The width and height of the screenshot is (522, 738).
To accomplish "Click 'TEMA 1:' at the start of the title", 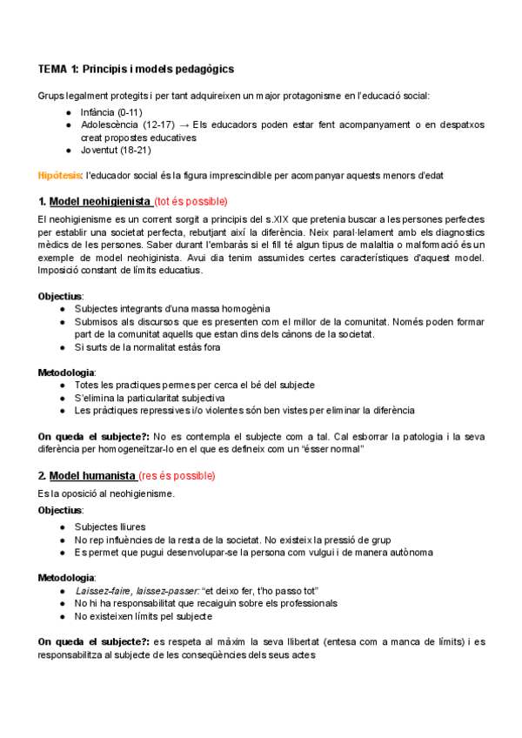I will click(x=58, y=69).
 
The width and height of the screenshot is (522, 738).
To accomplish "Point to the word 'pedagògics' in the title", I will click(x=202, y=69).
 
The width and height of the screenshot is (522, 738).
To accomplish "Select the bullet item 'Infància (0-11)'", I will click(x=110, y=113).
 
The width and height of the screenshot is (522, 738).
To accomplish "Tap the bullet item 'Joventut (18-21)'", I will click(x=112, y=151).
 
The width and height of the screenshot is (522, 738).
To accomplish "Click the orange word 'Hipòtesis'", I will click(x=59, y=176).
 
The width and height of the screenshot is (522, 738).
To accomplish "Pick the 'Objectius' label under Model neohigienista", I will click(x=60, y=296).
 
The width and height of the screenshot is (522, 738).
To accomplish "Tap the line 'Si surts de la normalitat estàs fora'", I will click(x=148, y=347).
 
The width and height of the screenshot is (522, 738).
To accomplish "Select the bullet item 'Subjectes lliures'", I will click(x=110, y=527).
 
